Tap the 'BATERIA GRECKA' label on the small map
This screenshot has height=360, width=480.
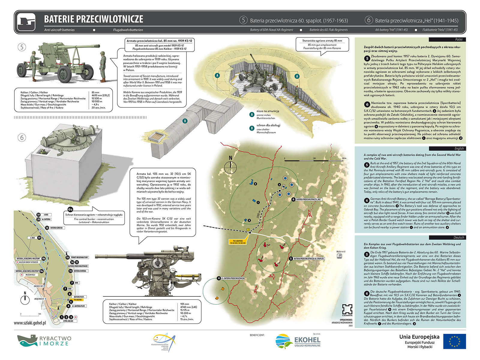(56, 228)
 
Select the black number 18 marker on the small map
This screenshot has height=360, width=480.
(47, 228)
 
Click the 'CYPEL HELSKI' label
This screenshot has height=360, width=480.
(68, 321)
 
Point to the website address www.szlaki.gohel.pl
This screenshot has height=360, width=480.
(30, 323)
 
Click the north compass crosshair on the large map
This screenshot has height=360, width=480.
(230, 165)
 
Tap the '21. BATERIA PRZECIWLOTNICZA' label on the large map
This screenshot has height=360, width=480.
(233, 278)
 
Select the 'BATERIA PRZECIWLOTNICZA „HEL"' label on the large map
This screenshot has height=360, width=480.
(309, 199)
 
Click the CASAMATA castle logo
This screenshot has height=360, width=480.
(347, 309)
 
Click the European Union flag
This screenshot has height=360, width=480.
(454, 341)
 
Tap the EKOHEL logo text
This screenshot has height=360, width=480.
(307, 340)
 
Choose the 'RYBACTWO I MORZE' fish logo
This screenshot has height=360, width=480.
(28, 341)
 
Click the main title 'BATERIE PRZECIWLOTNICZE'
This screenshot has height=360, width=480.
(94, 19)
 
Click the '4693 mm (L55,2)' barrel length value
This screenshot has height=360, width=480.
(100, 95)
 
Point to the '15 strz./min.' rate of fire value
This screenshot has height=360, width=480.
(187, 319)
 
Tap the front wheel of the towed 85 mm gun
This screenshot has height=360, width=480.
(64, 73)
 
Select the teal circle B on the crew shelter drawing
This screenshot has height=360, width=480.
(185, 121)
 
